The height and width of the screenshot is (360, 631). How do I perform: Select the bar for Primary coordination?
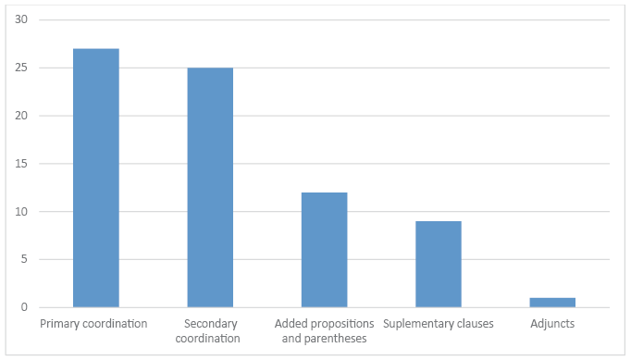pyautogui.click(x=96, y=178)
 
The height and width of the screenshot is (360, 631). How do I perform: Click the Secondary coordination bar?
pyautogui.click(x=210, y=188)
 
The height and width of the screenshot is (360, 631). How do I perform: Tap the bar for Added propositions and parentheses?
pyautogui.click(x=325, y=250)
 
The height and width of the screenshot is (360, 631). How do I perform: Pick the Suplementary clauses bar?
pyautogui.click(x=439, y=264)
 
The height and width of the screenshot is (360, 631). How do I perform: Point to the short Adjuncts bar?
pyautogui.click(x=552, y=303)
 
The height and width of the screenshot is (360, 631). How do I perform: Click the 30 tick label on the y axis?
pyautogui.click(x=21, y=19)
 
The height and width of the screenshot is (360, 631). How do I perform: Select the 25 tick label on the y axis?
pyautogui.click(x=21, y=68)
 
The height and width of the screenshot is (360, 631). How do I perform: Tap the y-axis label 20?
pyautogui.click(x=21, y=115)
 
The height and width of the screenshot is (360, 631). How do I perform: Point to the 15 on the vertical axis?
pyautogui.click(x=21, y=163)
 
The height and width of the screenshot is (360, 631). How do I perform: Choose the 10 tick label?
pyautogui.click(x=21, y=211)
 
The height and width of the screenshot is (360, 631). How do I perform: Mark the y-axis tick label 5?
pyautogui.click(x=24, y=259)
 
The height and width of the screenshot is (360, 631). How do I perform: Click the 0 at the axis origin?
pyautogui.click(x=24, y=307)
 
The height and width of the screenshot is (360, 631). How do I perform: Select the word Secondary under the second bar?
pyautogui.click(x=210, y=324)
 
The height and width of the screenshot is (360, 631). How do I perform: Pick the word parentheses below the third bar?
pyautogui.click(x=336, y=339)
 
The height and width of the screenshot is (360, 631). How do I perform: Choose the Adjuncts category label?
pyautogui.click(x=552, y=324)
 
